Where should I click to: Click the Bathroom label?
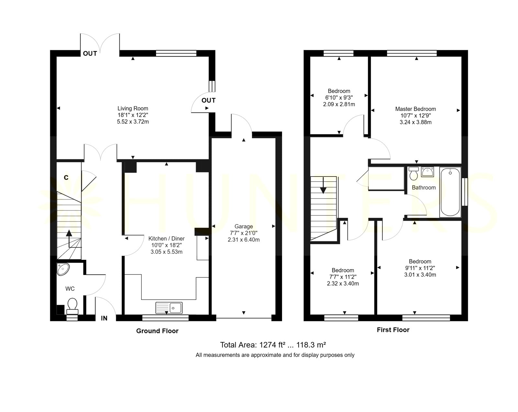(424, 188)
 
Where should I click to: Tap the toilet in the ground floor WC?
(72, 306)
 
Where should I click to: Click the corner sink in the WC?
(63, 269)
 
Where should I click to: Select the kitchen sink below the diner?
(169, 308)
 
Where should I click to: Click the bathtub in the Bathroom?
(450, 192)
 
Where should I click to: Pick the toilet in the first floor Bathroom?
(414, 173)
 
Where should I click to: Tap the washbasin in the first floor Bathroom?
(427, 172)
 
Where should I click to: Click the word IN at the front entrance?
(104, 318)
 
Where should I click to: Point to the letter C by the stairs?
(66, 177)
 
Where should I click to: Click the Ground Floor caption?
(157, 331)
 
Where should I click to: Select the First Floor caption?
(393, 330)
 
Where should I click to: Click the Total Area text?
(273, 345)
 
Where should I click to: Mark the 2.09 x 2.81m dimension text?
(339, 104)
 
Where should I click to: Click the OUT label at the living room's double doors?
(90, 53)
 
